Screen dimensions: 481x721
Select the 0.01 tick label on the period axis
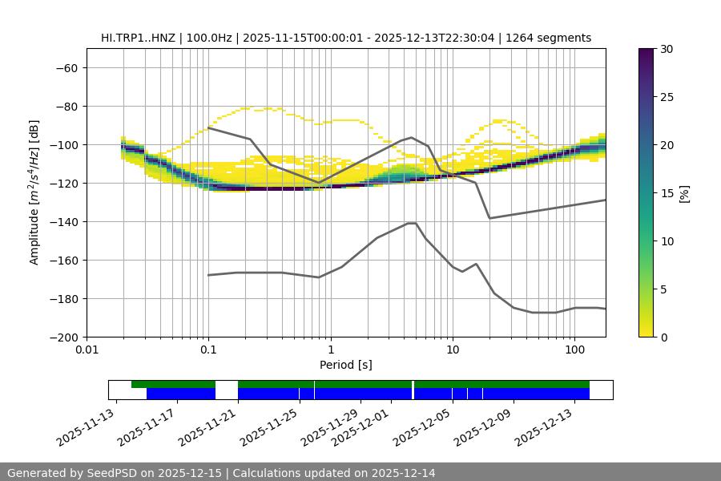(x=87, y=350)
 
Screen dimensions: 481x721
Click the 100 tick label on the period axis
(x=574, y=350)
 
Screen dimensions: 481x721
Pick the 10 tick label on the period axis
(x=453, y=350)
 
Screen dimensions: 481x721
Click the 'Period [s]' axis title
(x=345, y=365)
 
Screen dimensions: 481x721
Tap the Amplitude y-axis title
(x=34, y=192)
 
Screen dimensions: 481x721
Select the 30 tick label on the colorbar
(x=666, y=49)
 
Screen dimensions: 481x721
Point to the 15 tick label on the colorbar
(x=666, y=193)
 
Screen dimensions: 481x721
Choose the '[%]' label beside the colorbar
(x=683, y=193)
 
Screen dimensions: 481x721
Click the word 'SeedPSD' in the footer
(x=111, y=473)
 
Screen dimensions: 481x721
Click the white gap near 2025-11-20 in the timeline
(x=226, y=390)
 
